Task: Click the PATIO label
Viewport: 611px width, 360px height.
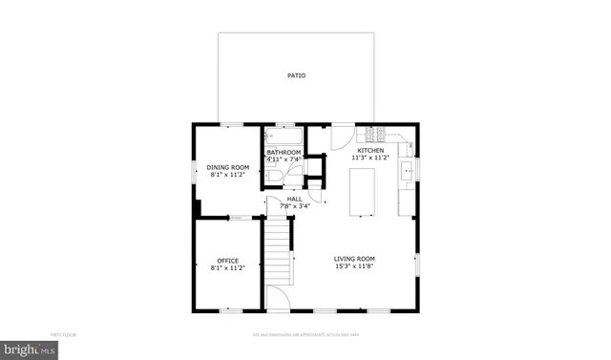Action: tap(297, 75)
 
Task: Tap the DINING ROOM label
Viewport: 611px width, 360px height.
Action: tap(228, 167)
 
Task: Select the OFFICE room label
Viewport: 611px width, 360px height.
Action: tap(227, 261)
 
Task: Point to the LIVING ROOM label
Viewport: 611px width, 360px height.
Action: tap(354, 259)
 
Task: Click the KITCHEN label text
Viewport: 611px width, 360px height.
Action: tap(370, 151)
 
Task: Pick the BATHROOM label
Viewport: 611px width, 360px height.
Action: tap(284, 153)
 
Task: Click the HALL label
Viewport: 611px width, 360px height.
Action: tap(294, 199)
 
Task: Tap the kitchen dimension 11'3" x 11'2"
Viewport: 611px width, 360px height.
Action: tap(370, 159)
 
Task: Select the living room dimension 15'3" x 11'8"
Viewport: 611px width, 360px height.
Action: tap(354, 266)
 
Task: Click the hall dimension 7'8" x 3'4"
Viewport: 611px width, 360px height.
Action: tap(294, 205)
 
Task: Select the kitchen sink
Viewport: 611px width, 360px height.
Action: tap(407, 172)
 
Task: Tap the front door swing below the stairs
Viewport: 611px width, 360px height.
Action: tap(278, 297)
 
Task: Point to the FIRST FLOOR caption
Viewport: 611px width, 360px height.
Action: tap(64, 334)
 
